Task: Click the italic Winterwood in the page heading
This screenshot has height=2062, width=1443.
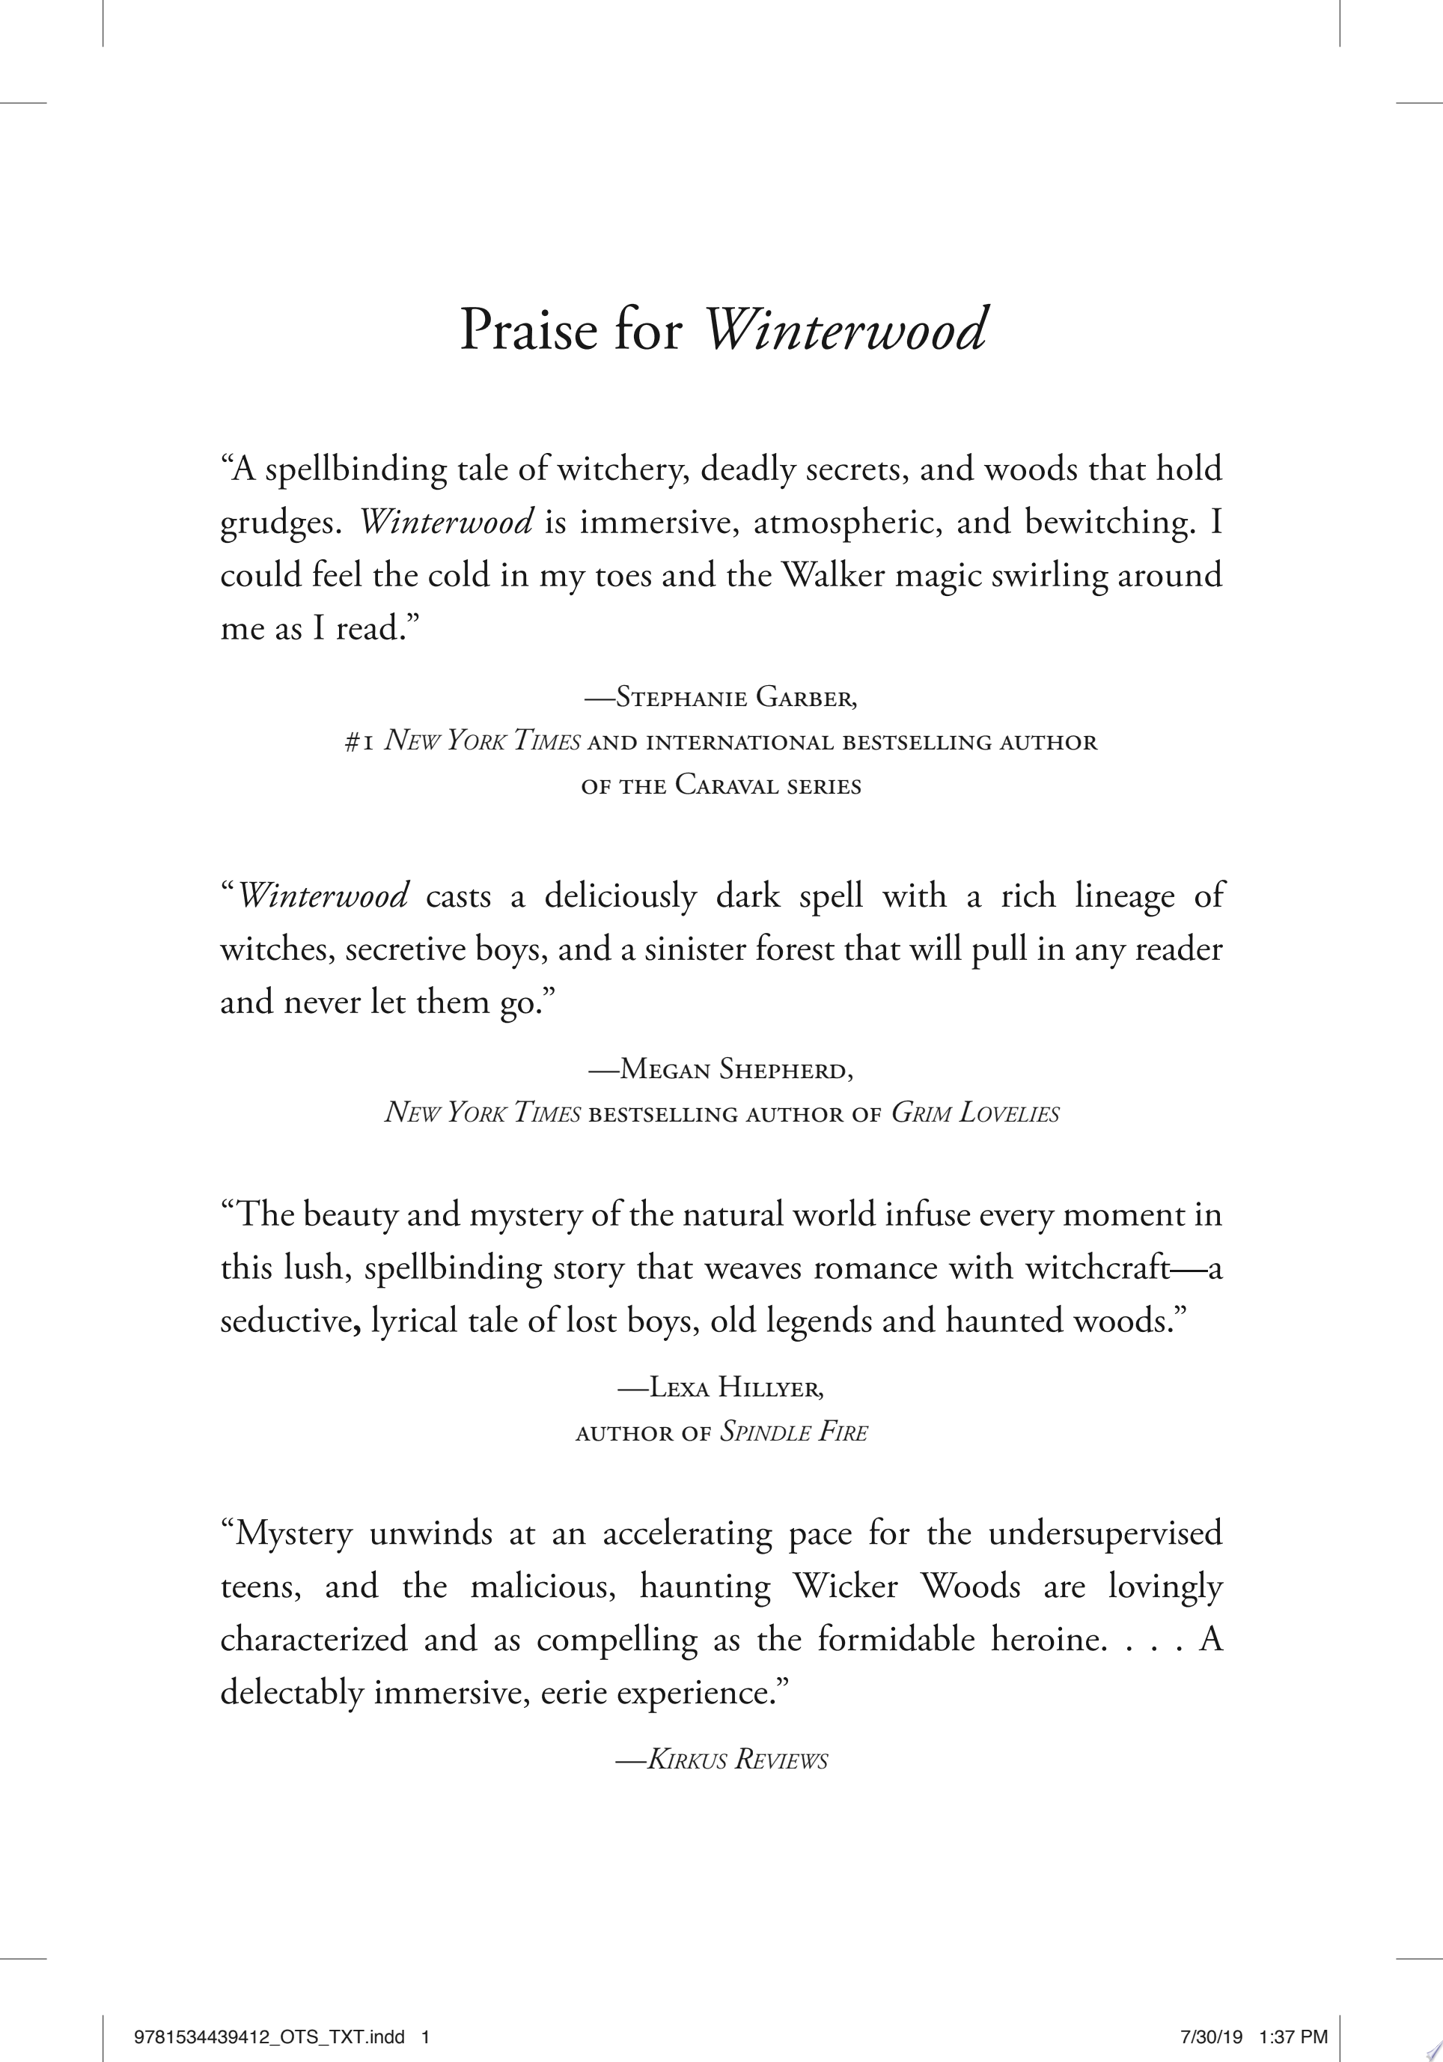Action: [x=845, y=329]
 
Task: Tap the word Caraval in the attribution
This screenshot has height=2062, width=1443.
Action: [x=727, y=786]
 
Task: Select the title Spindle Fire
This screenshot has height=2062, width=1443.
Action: [x=794, y=1432]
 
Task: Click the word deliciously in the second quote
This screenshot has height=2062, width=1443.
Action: [x=620, y=896]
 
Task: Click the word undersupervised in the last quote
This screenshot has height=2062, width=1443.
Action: [x=1105, y=1533]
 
